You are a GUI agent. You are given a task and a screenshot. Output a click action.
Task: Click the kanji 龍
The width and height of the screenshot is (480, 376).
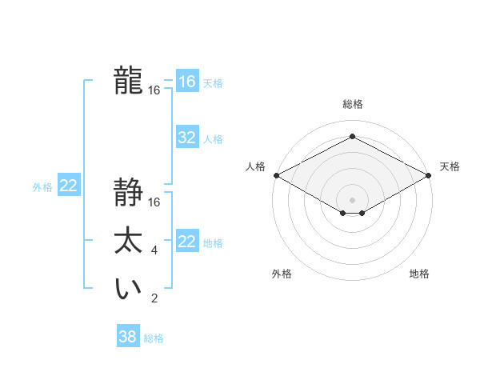[x=129, y=81]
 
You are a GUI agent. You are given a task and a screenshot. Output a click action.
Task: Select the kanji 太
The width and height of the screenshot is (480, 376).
[x=129, y=241]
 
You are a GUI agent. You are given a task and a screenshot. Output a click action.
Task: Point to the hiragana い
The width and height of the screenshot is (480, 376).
[x=129, y=289]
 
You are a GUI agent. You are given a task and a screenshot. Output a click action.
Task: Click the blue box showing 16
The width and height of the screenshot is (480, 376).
[x=186, y=82]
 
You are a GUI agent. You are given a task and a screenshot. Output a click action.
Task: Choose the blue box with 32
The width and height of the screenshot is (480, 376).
[x=186, y=138]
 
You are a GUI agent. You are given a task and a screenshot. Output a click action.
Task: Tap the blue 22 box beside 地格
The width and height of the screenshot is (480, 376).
[x=186, y=242]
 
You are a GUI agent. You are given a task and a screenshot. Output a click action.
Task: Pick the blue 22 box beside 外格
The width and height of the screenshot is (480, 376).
[x=69, y=186]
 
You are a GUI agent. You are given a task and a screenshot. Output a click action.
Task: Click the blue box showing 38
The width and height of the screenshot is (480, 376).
[x=127, y=337]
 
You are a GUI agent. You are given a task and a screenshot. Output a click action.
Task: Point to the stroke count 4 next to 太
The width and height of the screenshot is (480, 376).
[x=154, y=250]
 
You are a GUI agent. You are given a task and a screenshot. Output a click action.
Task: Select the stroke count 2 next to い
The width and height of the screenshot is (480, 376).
[x=154, y=299]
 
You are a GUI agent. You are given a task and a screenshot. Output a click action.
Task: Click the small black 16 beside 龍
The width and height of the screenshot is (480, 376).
[x=154, y=90]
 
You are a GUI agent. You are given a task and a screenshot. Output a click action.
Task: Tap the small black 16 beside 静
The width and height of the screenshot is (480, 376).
[x=154, y=202]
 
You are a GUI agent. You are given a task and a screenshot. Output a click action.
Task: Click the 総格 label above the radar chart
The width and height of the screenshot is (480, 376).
[x=353, y=104]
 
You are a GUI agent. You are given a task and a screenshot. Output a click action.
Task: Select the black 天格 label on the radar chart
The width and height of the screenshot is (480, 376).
[x=450, y=166]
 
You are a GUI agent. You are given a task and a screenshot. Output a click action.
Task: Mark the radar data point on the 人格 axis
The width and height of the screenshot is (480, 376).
[x=276, y=175]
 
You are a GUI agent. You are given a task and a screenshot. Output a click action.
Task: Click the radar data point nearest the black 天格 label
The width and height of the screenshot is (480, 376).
[x=429, y=175]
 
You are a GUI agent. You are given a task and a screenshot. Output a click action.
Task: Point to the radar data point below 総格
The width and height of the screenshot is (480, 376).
[x=353, y=137]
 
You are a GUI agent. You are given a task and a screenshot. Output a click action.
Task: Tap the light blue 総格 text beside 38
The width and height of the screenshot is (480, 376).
[x=154, y=338]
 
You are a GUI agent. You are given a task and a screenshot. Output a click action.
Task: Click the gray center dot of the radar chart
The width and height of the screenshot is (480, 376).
[x=353, y=198]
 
